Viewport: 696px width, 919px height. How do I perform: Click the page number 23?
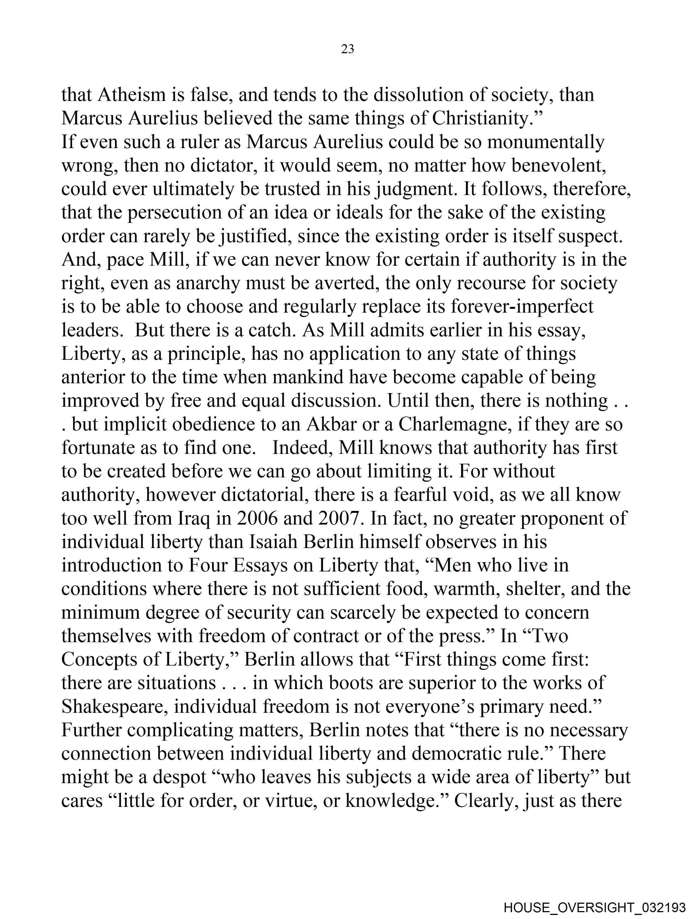tap(347, 49)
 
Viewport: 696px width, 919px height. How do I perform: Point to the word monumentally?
tap(546, 142)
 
